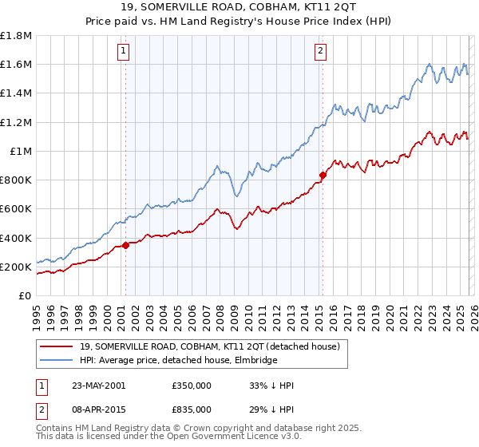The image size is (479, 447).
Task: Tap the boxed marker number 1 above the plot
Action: [x=125, y=52]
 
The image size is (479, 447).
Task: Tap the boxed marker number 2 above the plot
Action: [x=320, y=52]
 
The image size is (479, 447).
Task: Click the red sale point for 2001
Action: [x=125, y=245]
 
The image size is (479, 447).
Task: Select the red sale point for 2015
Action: [x=323, y=175]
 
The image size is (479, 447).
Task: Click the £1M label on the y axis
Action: [x=22, y=152]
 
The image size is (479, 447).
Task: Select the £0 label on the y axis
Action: [x=26, y=295]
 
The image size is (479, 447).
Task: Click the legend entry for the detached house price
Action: [x=210, y=346]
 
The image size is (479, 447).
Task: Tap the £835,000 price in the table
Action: [x=192, y=410]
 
